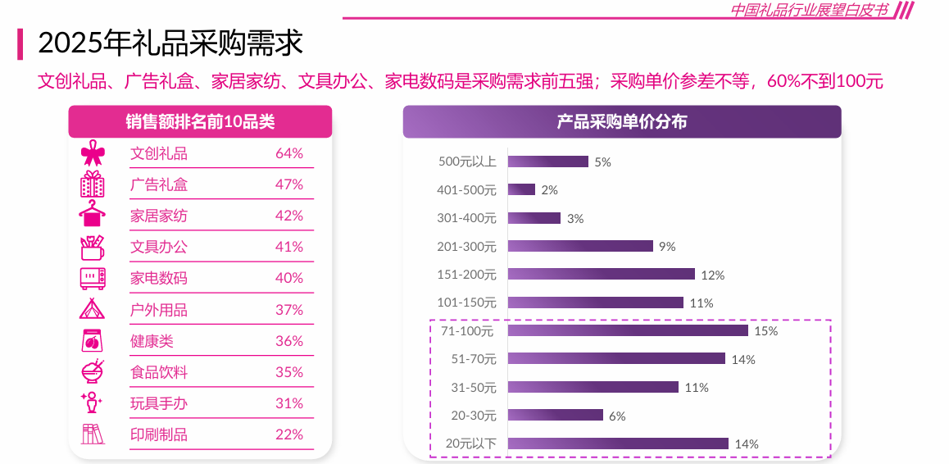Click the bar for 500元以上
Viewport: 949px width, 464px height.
tap(547, 161)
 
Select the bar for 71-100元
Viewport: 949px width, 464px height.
tap(628, 330)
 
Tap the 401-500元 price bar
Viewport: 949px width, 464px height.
tap(521, 189)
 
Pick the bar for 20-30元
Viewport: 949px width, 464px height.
tap(555, 415)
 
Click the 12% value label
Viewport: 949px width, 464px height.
tap(713, 275)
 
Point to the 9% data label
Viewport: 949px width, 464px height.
tap(667, 246)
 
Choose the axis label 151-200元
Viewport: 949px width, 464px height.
tap(466, 274)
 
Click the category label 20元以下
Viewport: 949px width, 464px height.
tap(470, 444)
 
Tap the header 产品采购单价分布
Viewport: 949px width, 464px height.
tap(621, 122)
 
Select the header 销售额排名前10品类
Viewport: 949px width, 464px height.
tap(200, 122)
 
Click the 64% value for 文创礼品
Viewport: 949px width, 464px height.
tap(289, 153)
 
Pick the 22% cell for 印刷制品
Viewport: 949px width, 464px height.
tap(289, 434)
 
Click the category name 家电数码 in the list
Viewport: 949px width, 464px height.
tap(159, 278)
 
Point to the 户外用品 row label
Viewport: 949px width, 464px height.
tap(159, 310)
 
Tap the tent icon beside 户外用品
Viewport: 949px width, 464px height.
tap(92, 309)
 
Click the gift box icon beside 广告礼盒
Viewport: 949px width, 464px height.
tap(92, 184)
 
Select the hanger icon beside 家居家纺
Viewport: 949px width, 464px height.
tap(92, 214)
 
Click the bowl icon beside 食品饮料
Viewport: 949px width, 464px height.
tap(93, 371)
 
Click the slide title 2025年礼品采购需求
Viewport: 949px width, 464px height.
tap(170, 43)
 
